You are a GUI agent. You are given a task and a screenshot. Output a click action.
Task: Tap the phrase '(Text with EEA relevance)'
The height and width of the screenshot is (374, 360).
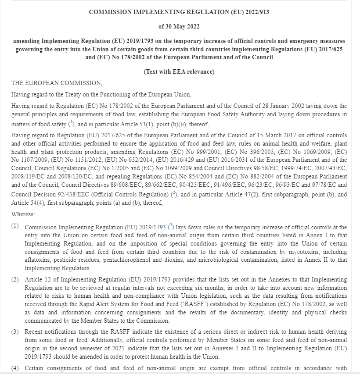click(179, 72)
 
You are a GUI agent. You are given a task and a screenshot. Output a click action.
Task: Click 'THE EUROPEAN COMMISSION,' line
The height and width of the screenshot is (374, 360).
click(57, 83)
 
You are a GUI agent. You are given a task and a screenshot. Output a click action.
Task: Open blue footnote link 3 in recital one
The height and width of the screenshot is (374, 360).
click(171, 227)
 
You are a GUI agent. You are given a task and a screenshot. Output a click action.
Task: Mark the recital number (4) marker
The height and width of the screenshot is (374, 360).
click(15, 368)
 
